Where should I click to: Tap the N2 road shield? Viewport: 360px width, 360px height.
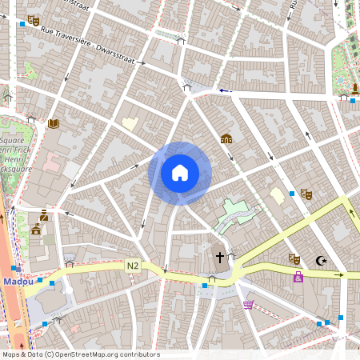(x=132, y=265)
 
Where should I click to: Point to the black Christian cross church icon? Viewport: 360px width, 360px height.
(x=220, y=258)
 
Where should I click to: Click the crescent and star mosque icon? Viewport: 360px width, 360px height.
(x=322, y=260)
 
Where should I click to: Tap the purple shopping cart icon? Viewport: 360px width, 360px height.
(x=248, y=305)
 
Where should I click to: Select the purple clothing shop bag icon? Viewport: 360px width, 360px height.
(x=298, y=278)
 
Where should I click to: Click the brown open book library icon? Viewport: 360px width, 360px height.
(x=53, y=124)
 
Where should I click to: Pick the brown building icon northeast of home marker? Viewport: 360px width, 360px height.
(x=226, y=138)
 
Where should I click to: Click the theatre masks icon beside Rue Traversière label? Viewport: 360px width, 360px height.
(x=33, y=20)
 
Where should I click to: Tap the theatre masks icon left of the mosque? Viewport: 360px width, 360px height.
(x=294, y=258)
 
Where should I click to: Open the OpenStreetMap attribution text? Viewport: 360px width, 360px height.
(x=80, y=354)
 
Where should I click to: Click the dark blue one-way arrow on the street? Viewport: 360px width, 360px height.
(x=226, y=90)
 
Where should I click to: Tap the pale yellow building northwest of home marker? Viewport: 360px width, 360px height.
(x=130, y=124)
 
